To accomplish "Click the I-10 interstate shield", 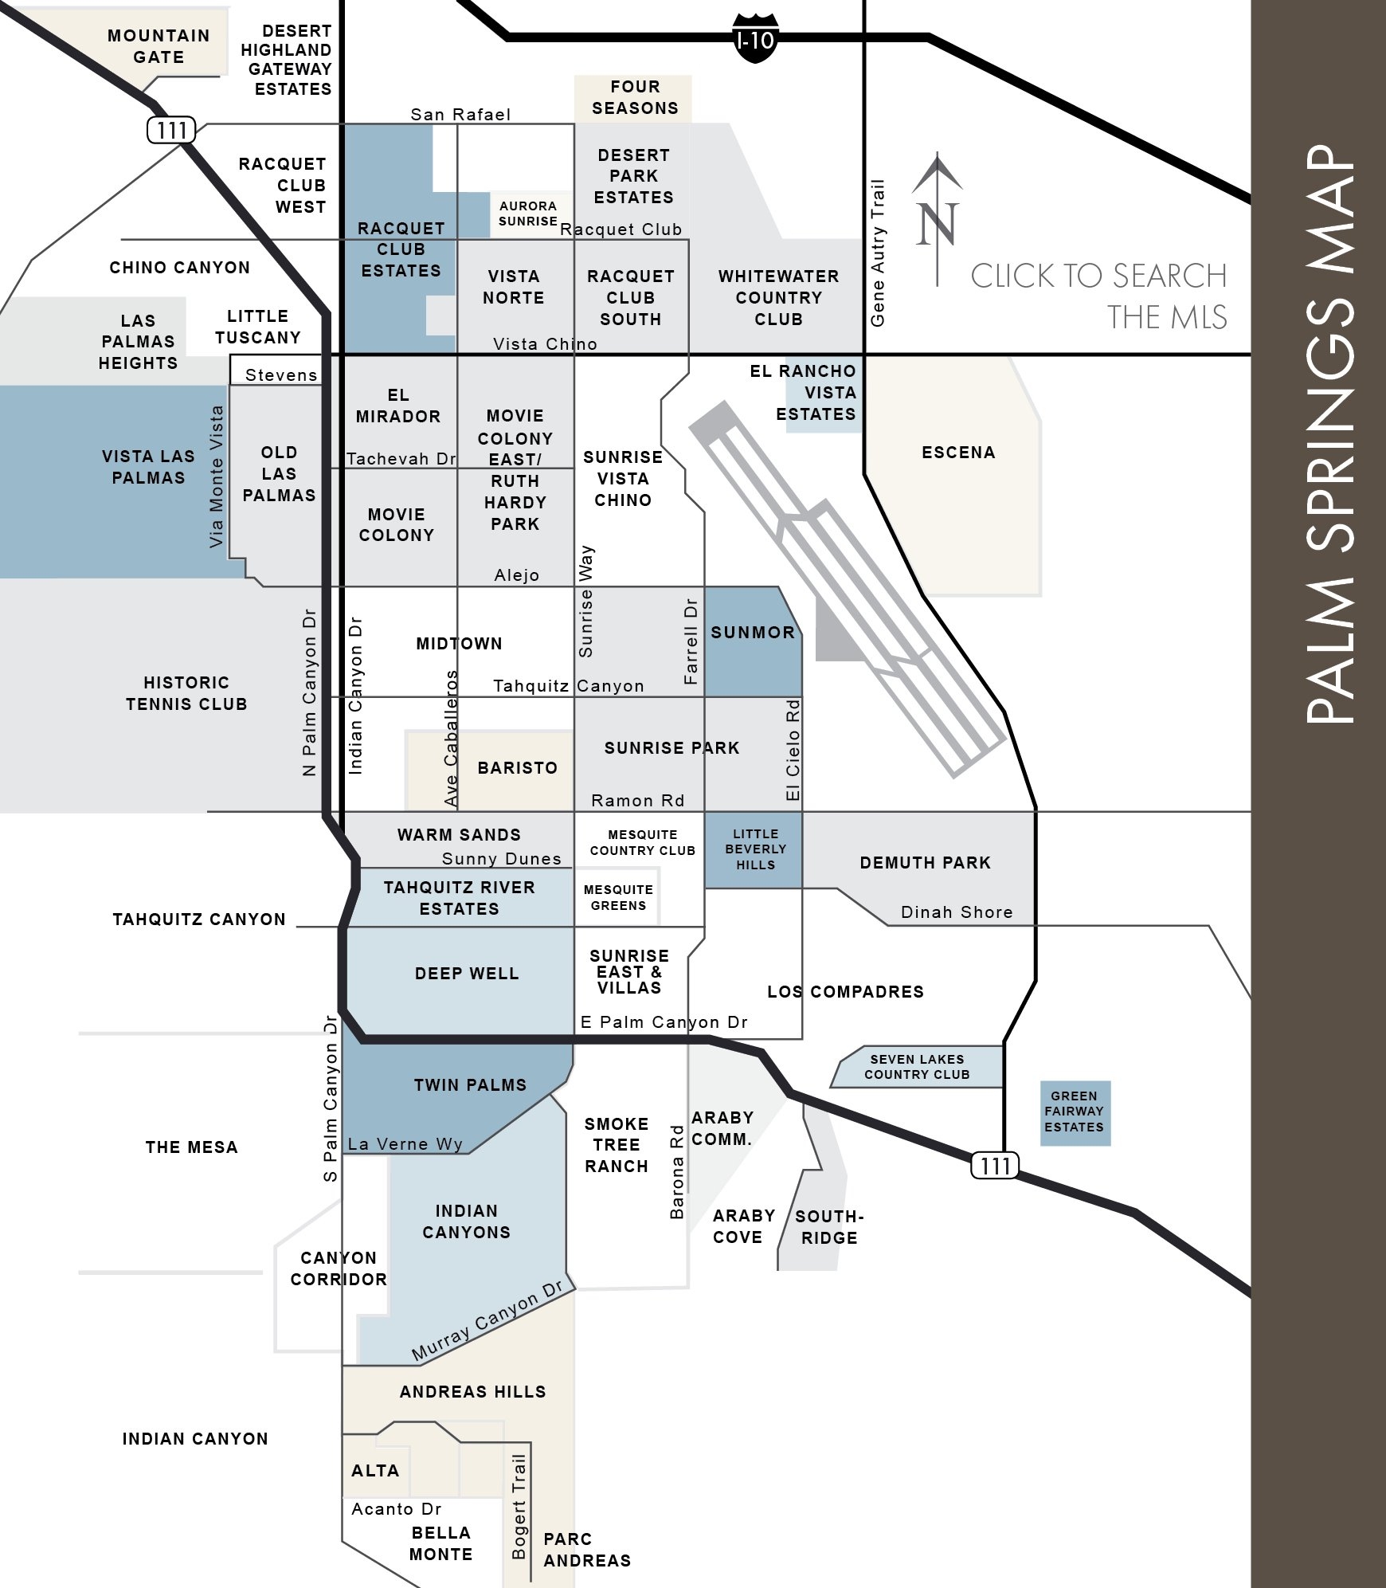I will pos(754,38).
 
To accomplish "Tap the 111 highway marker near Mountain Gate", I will pos(171,130).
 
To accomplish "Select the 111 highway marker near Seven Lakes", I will pos(995,1166).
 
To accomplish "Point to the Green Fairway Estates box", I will pos(1075,1112).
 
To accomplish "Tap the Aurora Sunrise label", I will pos(528,214).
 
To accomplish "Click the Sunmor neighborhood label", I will pos(753,633).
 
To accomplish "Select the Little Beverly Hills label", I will pos(755,849).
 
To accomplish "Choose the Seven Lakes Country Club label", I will pos(917,1067).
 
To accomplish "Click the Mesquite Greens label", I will pos(618,897).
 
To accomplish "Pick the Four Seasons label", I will pos(634,97).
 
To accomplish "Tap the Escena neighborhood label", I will pos(958,453).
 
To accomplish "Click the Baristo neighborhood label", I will pos(517,768).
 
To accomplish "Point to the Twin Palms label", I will pos(470,1085).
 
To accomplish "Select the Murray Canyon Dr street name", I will pos(487,1321).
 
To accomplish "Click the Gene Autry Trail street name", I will pos(878,253).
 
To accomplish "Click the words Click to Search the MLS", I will pos(1098,296).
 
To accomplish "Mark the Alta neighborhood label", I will pos(375,1471).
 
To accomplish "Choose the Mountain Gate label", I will pos(159,46).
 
